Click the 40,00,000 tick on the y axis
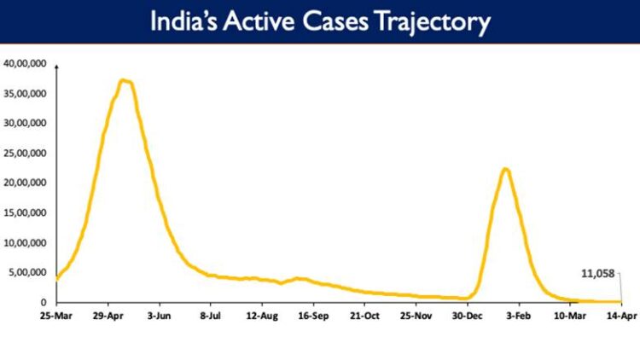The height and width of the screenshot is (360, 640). point(26,63)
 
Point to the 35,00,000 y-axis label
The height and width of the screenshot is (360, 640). point(26,93)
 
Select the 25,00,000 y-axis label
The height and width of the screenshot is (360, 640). point(26,153)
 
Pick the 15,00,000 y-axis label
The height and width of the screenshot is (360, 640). point(26,212)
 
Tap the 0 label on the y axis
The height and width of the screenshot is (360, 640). point(46,302)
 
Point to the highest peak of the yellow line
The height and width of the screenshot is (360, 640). point(125,80)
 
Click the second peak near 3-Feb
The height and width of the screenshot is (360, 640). point(505,169)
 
